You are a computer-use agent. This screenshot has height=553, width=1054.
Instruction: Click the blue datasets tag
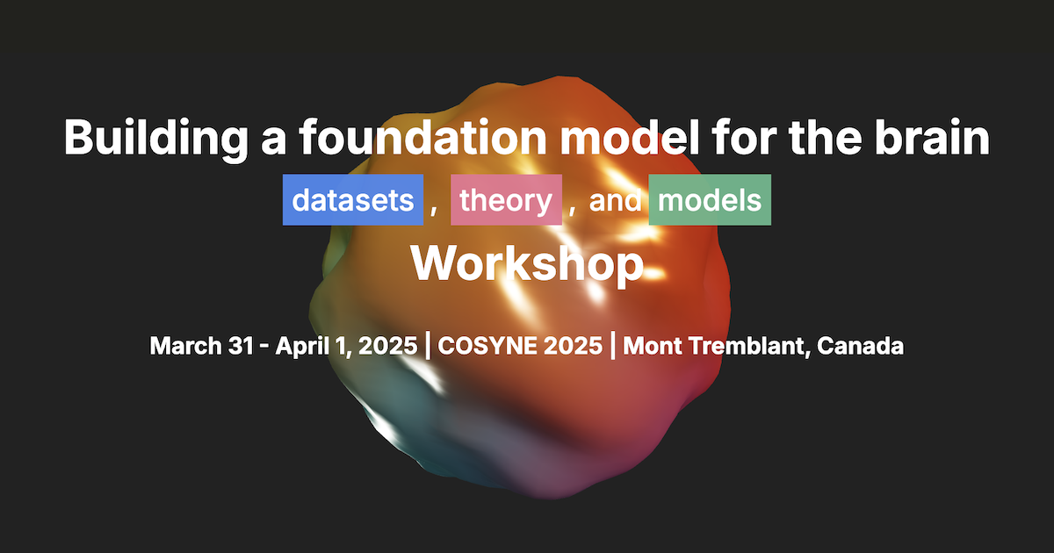(353, 200)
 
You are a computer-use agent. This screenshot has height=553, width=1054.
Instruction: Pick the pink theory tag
(506, 200)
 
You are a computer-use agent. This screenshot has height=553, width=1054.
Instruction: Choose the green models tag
(710, 200)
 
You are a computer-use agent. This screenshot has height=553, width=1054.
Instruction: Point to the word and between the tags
(615, 201)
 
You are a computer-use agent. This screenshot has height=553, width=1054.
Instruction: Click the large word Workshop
(527, 262)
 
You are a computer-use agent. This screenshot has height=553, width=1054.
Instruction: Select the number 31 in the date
(242, 346)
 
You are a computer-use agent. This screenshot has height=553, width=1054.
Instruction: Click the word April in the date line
(300, 346)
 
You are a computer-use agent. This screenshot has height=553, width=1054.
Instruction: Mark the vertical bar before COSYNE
(428, 346)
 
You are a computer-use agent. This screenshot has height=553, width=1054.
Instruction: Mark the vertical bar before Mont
(613, 346)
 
